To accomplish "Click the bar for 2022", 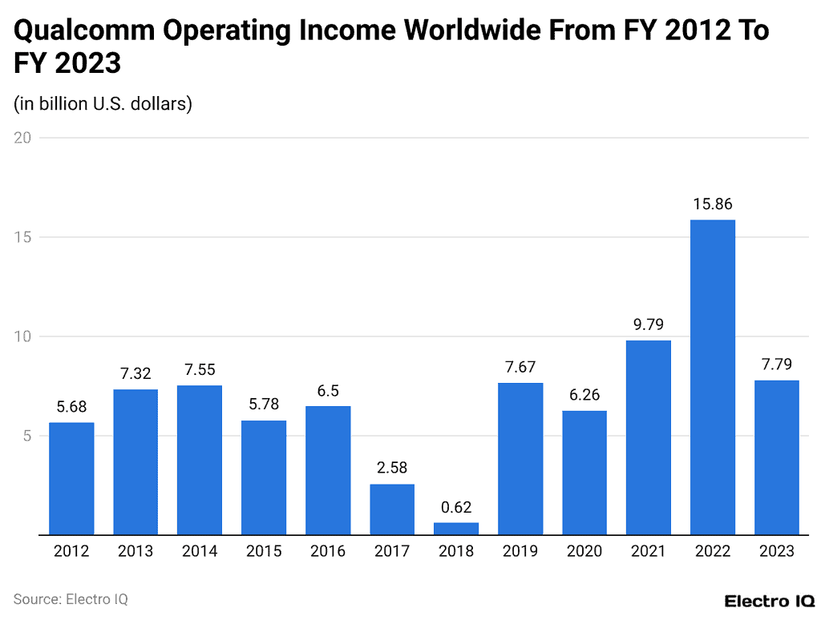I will tap(713, 376).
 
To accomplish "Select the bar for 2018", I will tap(456, 529).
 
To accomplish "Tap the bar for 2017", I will tap(392, 509).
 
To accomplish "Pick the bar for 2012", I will tap(71, 478).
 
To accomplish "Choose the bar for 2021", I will tap(649, 437).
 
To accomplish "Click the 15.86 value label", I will tap(713, 204).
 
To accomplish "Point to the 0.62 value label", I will tap(456, 507).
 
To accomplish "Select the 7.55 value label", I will tap(200, 370).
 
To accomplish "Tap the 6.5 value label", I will tap(328, 391).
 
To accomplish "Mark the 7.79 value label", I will tap(777, 365).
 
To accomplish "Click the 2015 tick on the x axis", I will tap(264, 551).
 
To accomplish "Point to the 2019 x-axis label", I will tap(520, 551).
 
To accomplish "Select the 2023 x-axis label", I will tap(777, 551).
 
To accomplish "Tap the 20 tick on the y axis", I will tap(22, 138).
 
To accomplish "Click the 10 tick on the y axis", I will tap(22, 336).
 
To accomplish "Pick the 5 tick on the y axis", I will tap(26, 436).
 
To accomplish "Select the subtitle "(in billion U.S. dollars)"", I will tap(103, 104).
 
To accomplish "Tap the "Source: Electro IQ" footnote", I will tap(71, 599).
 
